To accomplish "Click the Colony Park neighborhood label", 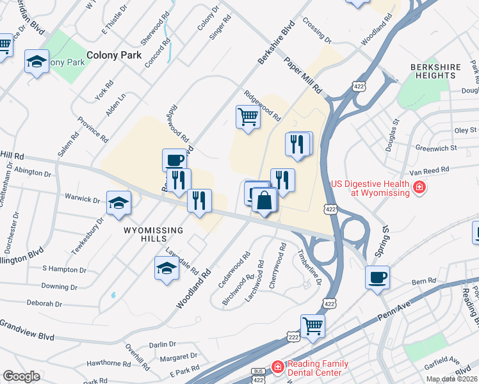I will pyautogui.click(x=114, y=55).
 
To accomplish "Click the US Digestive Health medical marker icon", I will pyautogui.click(x=419, y=188).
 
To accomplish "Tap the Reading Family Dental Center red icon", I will pyautogui.click(x=277, y=367).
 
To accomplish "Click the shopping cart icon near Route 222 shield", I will pyautogui.click(x=313, y=325).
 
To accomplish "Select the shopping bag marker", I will pyautogui.click(x=263, y=200).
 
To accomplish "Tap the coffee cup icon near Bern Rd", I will pyautogui.click(x=377, y=277).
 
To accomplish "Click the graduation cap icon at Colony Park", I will pyautogui.click(x=37, y=62).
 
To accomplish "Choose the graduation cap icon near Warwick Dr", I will pyautogui.click(x=118, y=202).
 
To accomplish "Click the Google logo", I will pyautogui.click(x=21, y=376).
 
